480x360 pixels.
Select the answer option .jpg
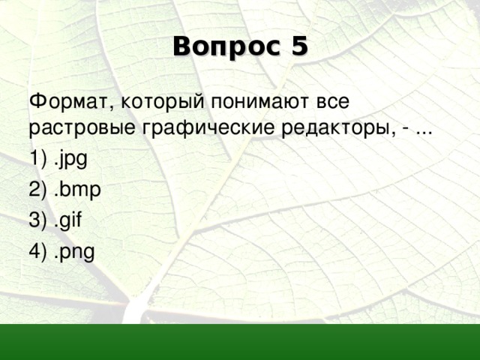70,159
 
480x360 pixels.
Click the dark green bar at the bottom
240,342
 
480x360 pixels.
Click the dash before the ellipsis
406,130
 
